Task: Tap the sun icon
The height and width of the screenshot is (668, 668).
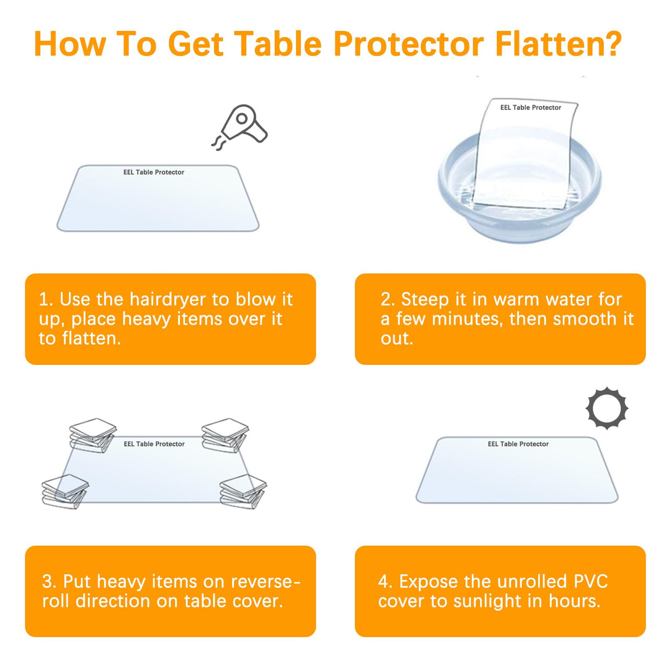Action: pos(606,408)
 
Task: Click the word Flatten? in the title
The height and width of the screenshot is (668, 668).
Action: pos(558,44)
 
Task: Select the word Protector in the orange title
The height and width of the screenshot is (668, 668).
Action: pos(408,44)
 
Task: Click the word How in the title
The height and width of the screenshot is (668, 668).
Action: pos(70,44)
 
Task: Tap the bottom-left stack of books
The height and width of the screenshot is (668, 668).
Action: pos(65,491)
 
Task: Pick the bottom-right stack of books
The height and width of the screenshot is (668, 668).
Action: pos(243,491)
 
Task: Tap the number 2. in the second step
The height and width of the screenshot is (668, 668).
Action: pos(387,299)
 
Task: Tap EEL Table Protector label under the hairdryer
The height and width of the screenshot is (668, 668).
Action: pos(154,172)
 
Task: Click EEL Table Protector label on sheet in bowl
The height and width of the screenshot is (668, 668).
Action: pos(530,107)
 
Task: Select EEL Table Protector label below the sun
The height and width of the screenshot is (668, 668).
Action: pos(518,444)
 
